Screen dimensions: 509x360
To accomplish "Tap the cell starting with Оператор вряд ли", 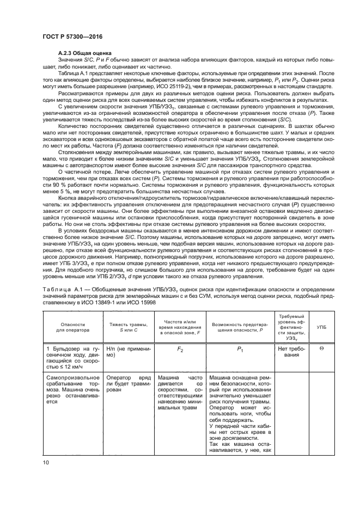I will tap(128, 379).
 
